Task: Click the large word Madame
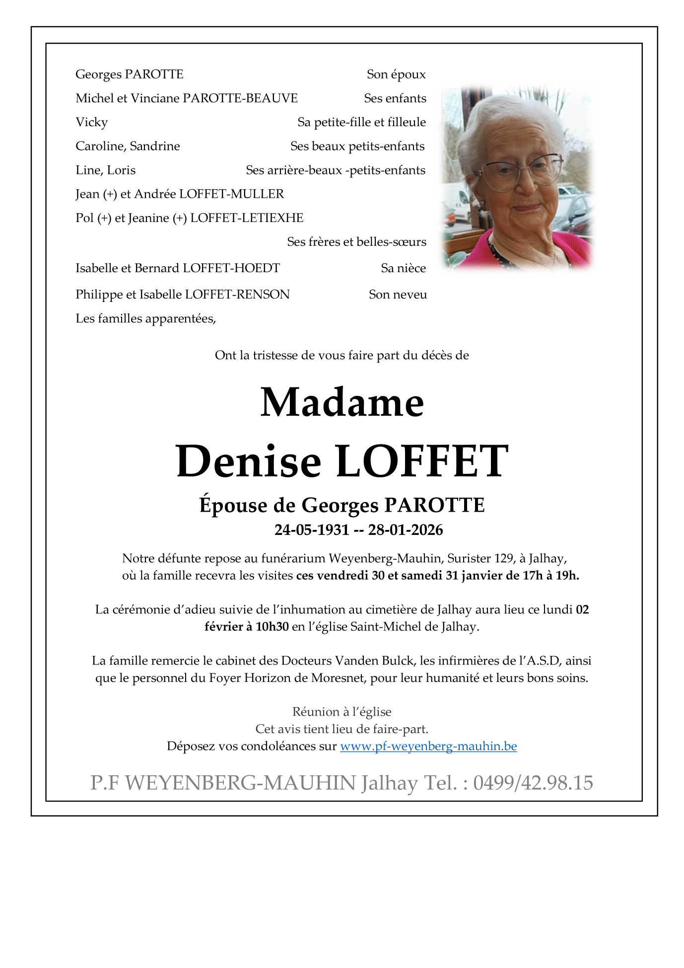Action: pyautogui.click(x=342, y=402)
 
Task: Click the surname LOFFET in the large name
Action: pyautogui.click(x=422, y=461)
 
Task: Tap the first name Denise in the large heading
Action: pyautogui.click(x=249, y=461)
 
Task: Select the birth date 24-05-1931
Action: pyautogui.click(x=312, y=530)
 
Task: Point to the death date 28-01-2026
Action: pyautogui.click(x=405, y=530)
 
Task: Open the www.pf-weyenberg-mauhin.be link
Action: pyautogui.click(x=428, y=746)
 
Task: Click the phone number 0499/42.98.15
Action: pyautogui.click(x=533, y=783)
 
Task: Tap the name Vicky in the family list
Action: pyautogui.click(x=91, y=122)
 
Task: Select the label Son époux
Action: pyautogui.click(x=396, y=74)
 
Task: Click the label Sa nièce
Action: pyautogui.click(x=403, y=268)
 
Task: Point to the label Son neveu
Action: pyautogui.click(x=398, y=295)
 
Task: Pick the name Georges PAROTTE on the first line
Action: pyautogui.click(x=129, y=74)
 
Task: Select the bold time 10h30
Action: pyautogui.click(x=272, y=627)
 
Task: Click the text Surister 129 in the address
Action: pyautogui.click(x=480, y=559)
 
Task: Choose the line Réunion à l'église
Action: pyautogui.click(x=342, y=712)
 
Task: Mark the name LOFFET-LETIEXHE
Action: pyautogui.click(x=247, y=218)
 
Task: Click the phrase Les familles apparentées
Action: pyautogui.click(x=145, y=318)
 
